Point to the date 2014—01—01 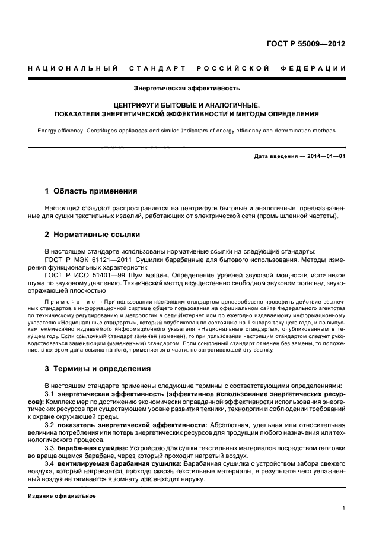(x=324, y=156)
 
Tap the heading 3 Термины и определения (x=98, y=368)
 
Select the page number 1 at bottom (x=344, y=508)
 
